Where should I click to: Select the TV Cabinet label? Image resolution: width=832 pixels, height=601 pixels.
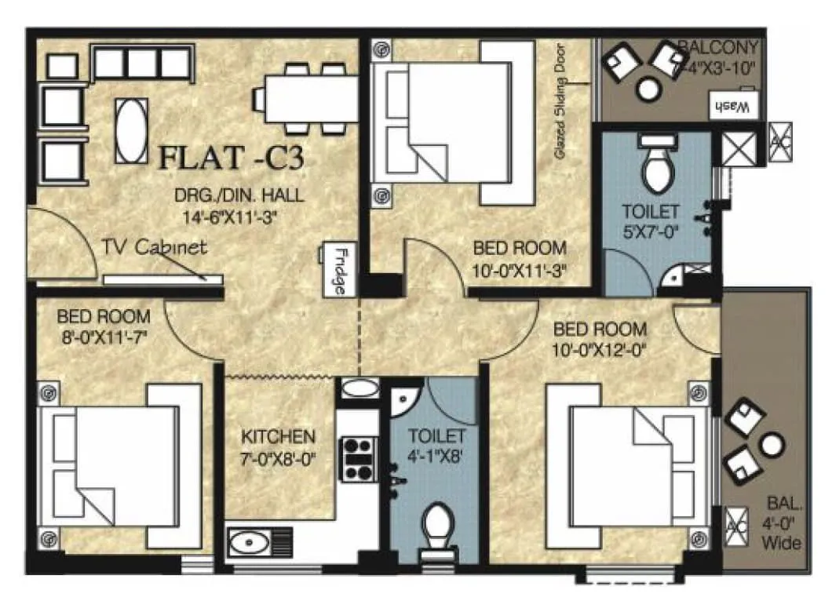pos(155,248)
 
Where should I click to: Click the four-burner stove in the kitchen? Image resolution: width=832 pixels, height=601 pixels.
pos(358,458)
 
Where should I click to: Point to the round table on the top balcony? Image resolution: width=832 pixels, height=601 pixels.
pos(649,89)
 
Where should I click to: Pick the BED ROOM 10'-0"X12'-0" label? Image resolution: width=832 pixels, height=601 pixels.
pos(600,340)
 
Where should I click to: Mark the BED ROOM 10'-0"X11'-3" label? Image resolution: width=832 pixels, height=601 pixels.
pos(519,258)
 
